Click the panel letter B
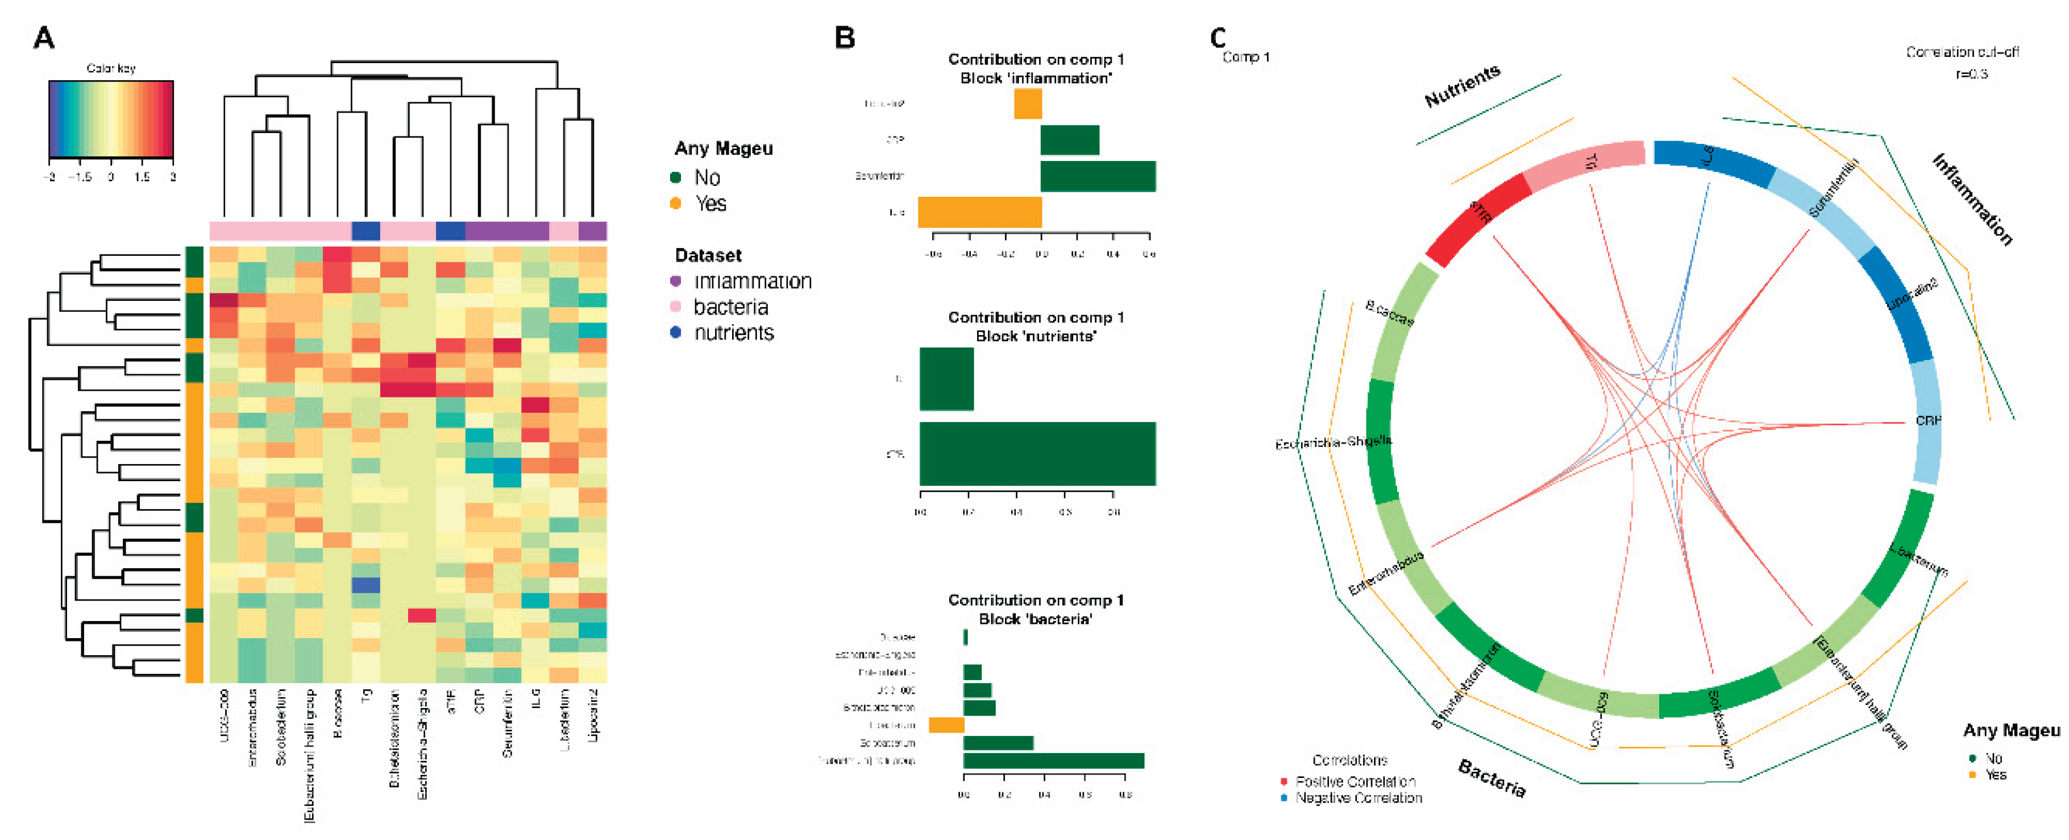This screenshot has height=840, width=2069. [x=844, y=38]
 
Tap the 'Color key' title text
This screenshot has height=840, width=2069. [x=111, y=68]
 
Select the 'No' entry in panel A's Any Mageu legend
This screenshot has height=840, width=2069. [x=706, y=177]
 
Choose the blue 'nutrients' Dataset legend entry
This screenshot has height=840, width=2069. [x=733, y=333]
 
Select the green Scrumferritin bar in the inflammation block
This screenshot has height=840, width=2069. [x=1097, y=176]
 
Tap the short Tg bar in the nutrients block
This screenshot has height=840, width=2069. [x=946, y=379]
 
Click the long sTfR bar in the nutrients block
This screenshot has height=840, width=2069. [x=1037, y=454]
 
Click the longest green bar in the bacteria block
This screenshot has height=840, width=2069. [x=1053, y=760]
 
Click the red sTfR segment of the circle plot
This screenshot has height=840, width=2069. [x=1478, y=217]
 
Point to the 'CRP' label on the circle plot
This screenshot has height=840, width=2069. [x=1927, y=420]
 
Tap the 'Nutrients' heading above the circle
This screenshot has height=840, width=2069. [x=1462, y=85]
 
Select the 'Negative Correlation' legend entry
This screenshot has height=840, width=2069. [x=1357, y=798]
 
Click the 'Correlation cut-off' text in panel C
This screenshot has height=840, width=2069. [x=1962, y=52]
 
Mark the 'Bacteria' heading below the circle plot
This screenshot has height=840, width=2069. [x=1491, y=777]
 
